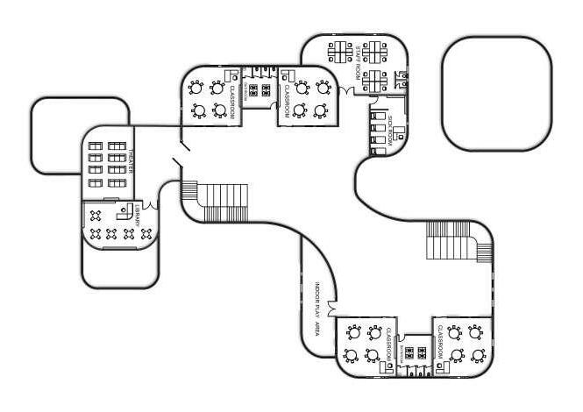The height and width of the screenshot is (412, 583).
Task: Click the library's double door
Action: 154,204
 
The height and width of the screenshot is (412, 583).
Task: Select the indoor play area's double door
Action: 331,309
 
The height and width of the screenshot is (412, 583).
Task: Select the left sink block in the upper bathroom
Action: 252,89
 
